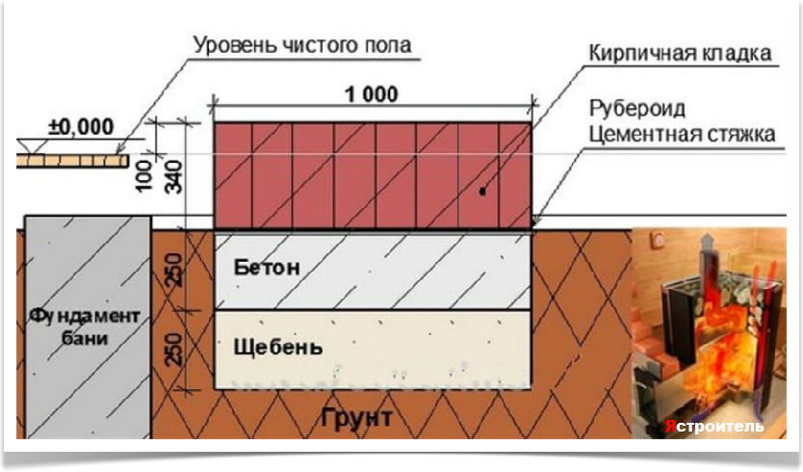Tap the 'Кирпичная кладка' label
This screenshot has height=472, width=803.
coord(680,52)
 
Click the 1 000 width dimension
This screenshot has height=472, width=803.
coord(371,94)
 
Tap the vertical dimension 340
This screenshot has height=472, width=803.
coord(174,177)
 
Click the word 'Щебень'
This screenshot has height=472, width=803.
coord(271,345)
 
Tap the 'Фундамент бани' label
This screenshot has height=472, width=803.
coord(86,328)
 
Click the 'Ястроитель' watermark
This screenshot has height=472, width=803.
coord(714,426)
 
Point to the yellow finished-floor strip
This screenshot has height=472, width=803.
coord(72,159)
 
